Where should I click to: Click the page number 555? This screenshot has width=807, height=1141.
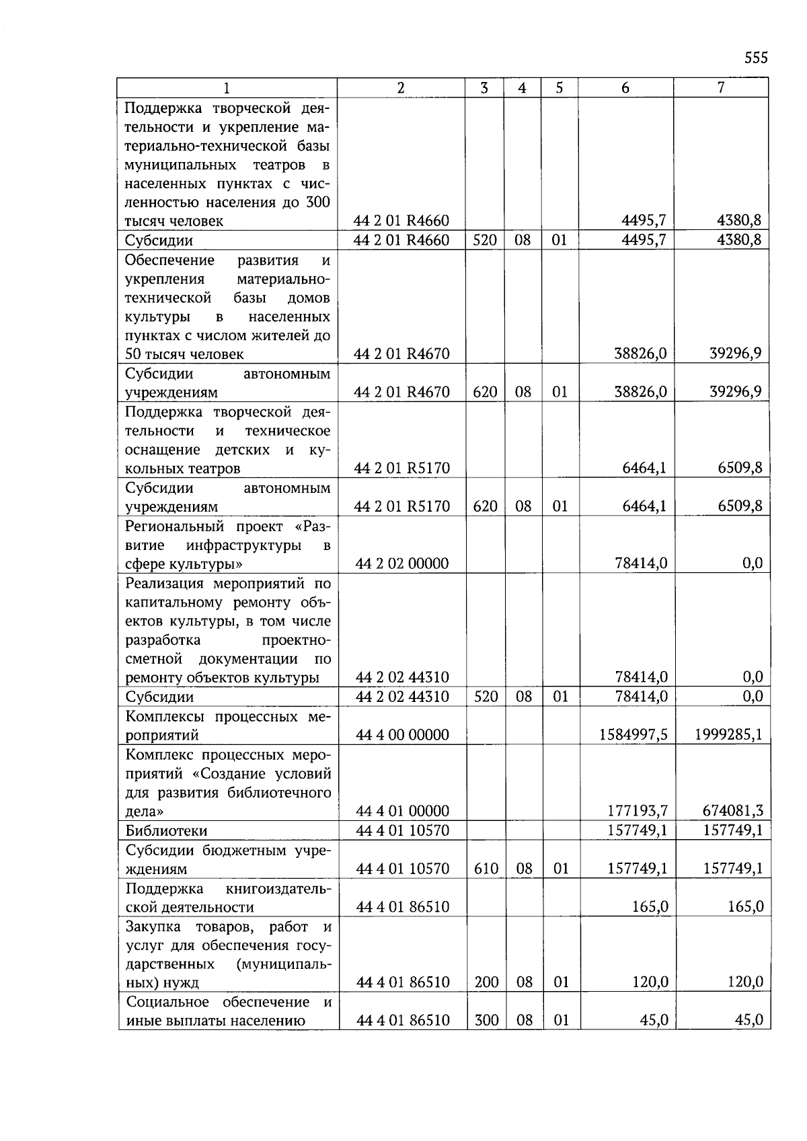click(756, 58)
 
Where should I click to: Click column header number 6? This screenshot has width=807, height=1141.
click(625, 88)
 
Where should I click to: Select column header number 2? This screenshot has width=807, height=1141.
click(401, 88)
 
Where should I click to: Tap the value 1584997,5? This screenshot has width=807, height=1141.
click(633, 735)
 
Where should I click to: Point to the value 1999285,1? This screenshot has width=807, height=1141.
click(728, 735)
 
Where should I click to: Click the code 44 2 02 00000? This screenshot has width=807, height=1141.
click(401, 563)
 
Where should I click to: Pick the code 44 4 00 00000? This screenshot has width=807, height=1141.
click(402, 735)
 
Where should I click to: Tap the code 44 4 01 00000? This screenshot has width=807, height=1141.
click(402, 812)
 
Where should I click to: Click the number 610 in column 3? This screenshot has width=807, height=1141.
click(486, 869)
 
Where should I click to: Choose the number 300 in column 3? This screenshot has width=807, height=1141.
click(486, 1021)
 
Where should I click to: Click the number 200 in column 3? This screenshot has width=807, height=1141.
click(486, 982)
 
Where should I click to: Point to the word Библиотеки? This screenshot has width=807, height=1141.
click(166, 831)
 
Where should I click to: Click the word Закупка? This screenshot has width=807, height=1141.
click(154, 927)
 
